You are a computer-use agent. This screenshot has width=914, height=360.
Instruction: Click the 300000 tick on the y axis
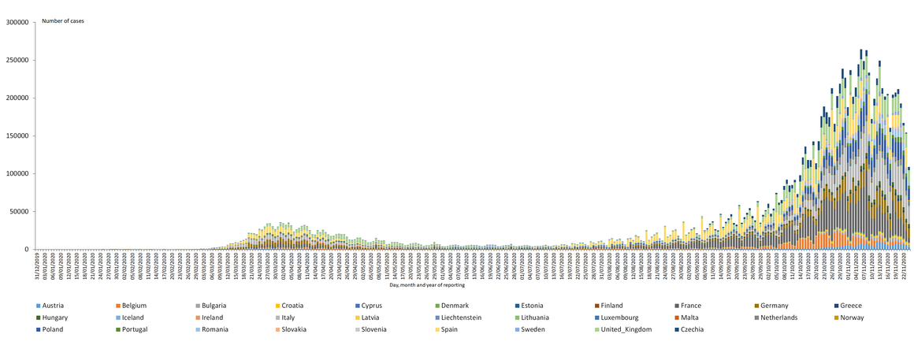(x=18, y=22)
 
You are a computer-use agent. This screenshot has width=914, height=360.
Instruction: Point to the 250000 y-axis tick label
(x=18, y=60)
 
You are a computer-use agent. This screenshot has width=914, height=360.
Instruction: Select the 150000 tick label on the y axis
(x=18, y=135)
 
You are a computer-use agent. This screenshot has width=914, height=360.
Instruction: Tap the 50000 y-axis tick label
(x=20, y=211)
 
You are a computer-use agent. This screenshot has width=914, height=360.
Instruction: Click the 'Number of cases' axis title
(x=65, y=21)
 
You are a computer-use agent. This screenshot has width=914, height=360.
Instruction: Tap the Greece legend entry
(x=850, y=306)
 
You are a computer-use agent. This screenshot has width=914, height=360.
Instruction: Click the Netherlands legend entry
(x=779, y=317)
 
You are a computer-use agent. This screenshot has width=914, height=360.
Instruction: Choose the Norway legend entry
(x=852, y=317)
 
